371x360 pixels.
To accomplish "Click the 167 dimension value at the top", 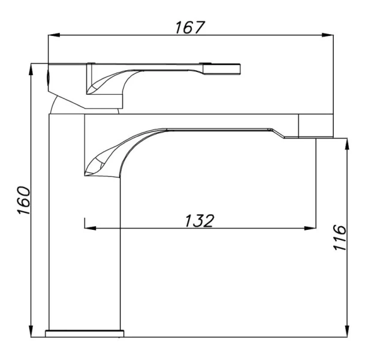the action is point(189,27).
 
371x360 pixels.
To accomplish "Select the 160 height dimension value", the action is point(23,200).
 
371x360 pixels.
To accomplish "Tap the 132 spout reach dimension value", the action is point(200,221).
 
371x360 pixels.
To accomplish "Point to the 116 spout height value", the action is point(340,238).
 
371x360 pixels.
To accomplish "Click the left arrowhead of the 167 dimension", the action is point(53,35).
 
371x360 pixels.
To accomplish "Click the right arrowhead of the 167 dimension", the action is point(328,35).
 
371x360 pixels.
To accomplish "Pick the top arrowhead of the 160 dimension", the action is point(31,69).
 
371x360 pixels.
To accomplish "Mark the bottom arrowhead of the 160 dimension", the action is point(31,331).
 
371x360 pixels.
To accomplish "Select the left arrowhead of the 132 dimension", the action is point(90,229).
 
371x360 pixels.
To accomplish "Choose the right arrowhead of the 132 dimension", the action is point(310,229).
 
